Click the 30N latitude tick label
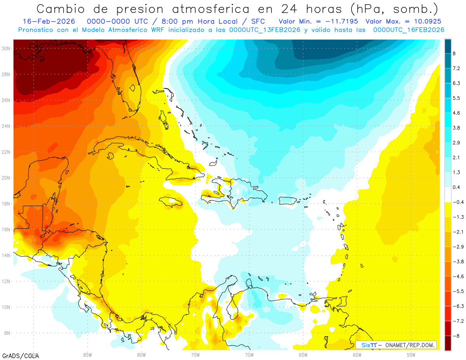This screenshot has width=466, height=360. pyautogui.click(x=6, y=49)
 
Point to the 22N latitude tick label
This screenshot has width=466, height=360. pyautogui.click(x=6, y=152)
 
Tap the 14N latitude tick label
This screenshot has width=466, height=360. pyautogui.click(x=6, y=255)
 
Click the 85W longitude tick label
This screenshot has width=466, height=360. pyautogui.click(x=87, y=355)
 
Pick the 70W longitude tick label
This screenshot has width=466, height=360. pyautogui.click(x=249, y=355)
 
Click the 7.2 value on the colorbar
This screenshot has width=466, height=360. pyautogui.click(x=457, y=68)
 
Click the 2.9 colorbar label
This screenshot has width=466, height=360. pyautogui.click(x=457, y=143)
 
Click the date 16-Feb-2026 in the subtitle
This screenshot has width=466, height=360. pyautogui.click(x=49, y=21)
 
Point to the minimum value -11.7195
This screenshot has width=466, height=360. pyautogui.click(x=342, y=21)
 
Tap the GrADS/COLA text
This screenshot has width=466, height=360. pyautogui.click(x=20, y=356)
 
